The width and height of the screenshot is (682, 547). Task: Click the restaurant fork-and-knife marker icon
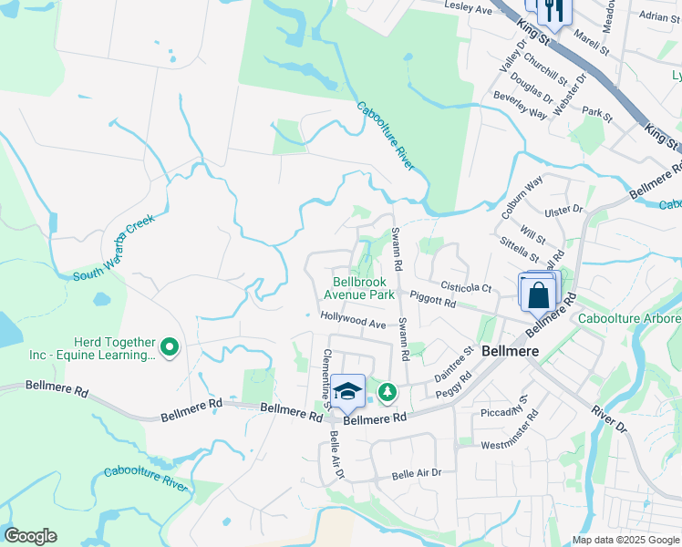(x=553, y=11)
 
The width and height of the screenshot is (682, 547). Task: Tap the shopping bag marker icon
(x=538, y=294)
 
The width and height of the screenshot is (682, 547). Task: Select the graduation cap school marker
(x=347, y=390)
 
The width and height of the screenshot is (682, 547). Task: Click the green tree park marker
(x=388, y=392)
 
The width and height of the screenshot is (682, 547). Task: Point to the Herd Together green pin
(x=169, y=346)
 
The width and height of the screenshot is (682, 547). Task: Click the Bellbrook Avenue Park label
(x=359, y=289)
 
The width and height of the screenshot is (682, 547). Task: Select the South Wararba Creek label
(x=115, y=249)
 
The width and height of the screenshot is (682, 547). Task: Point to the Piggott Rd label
(x=433, y=298)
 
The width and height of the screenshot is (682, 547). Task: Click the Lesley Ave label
(x=468, y=8)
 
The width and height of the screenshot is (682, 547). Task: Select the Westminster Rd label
(x=507, y=436)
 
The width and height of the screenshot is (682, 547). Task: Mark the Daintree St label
(x=453, y=361)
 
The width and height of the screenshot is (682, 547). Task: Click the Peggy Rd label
(x=453, y=383)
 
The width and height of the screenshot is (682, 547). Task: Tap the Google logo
(x=30, y=536)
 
